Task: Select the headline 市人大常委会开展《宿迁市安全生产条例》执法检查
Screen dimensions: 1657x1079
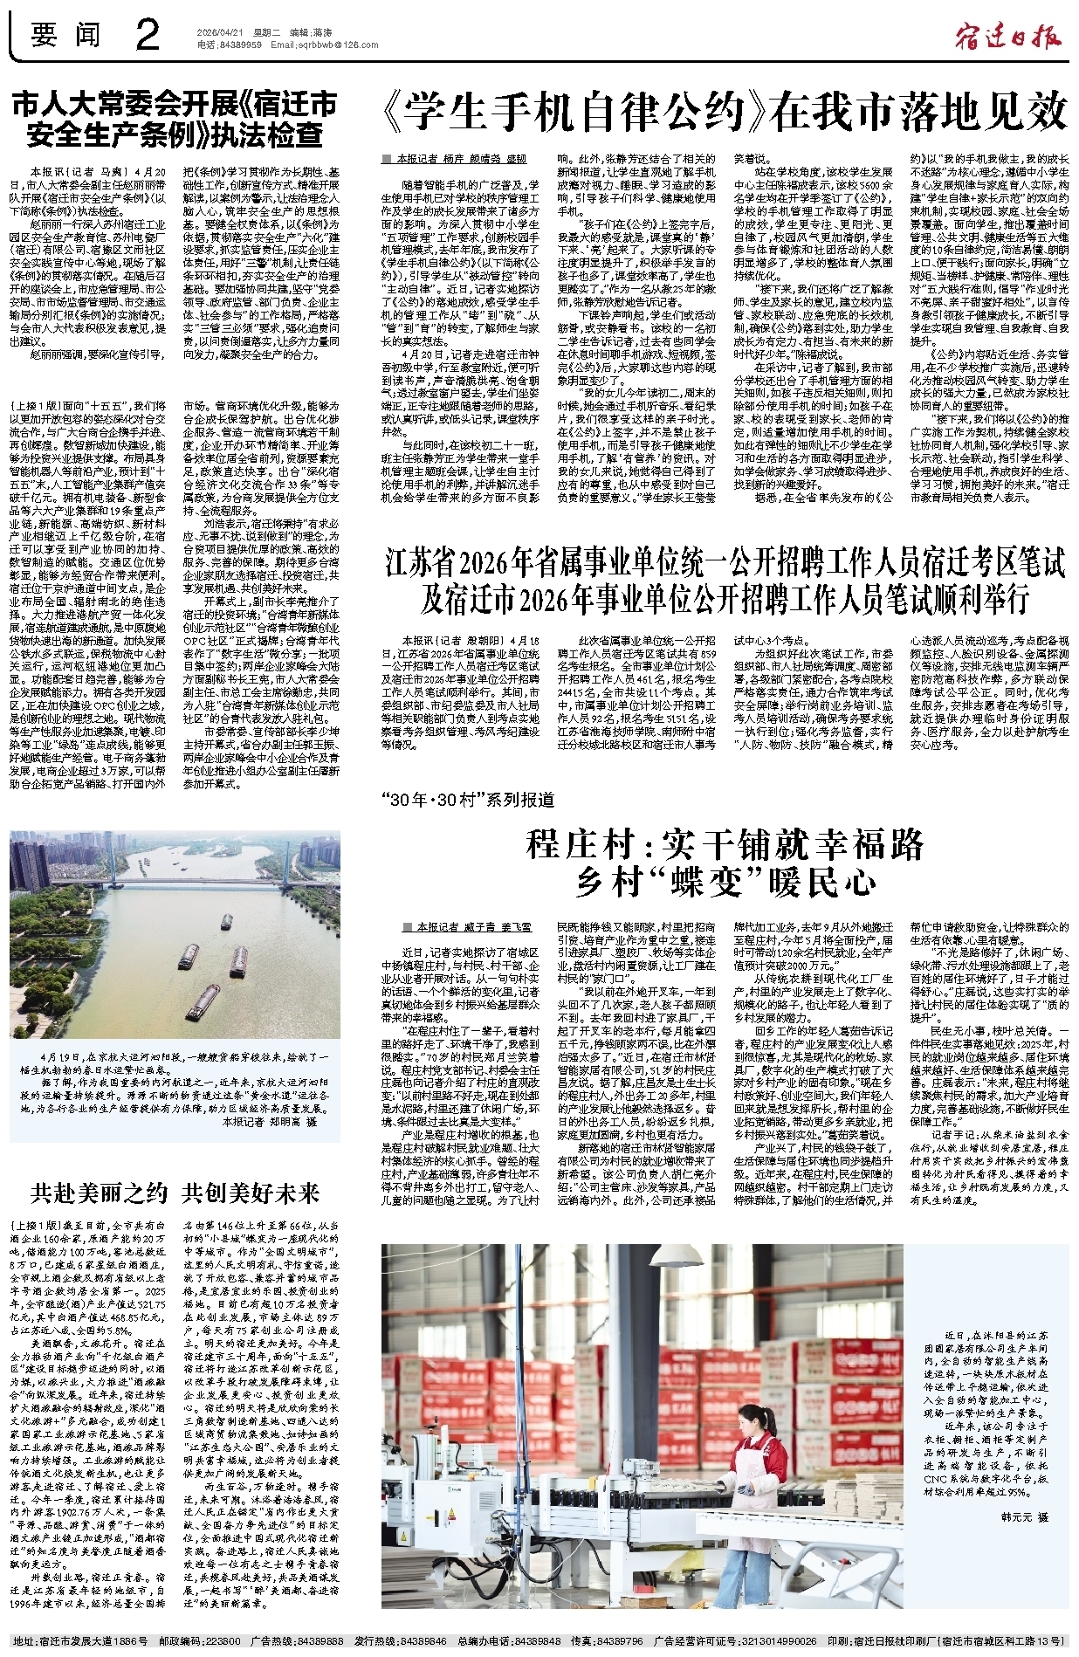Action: (x=174, y=120)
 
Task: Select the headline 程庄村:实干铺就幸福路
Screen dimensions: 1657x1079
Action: (x=725, y=844)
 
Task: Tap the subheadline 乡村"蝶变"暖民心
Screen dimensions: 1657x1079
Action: (x=725, y=882)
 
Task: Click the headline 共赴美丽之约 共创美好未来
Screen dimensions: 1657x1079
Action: (x=175, y=1193)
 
